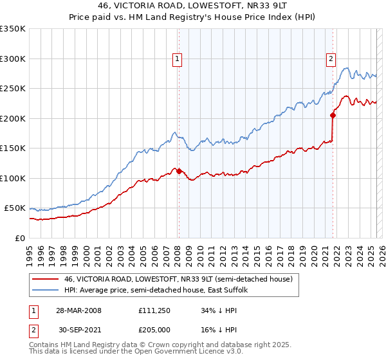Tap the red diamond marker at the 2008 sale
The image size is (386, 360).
[179, 172]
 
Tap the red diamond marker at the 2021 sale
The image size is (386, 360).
[333, 116]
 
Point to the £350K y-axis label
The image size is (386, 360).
[12, 29]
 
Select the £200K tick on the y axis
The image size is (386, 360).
[12, 118]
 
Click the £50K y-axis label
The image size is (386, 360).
[15, 208]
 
